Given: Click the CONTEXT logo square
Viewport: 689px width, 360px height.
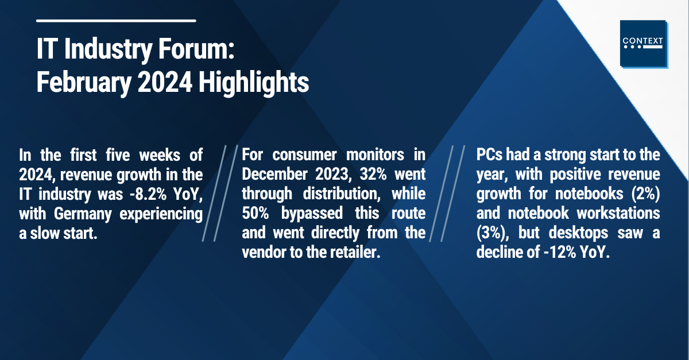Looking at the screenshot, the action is pyautogui.click(x=644, y=44).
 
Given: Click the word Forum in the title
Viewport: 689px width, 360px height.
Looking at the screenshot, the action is pyautogui.click(x=196, y=49).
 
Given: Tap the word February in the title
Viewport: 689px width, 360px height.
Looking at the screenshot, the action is pyautogui.click(x=84, y=83).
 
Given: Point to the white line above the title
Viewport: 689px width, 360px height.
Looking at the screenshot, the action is pyautogui.click(x=116, y=21).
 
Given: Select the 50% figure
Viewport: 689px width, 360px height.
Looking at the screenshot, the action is pyautogui.click(x=256, y=213).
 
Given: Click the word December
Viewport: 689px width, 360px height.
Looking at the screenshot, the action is pyautogui.click(x=274, y=175).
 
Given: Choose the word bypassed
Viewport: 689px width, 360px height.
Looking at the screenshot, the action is pyautogui.click(x=312, y=214).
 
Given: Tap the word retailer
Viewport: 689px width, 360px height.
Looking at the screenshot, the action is pyautogui.click(x=355, y=252).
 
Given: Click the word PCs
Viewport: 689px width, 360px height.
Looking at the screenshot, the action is pyautogui.click(x=489, y=155).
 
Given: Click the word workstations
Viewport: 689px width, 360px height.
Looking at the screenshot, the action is pyautogui.click(x=618, y=213).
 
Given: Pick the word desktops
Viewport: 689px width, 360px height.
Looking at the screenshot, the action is pyautogui.click(x=578, y=233).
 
